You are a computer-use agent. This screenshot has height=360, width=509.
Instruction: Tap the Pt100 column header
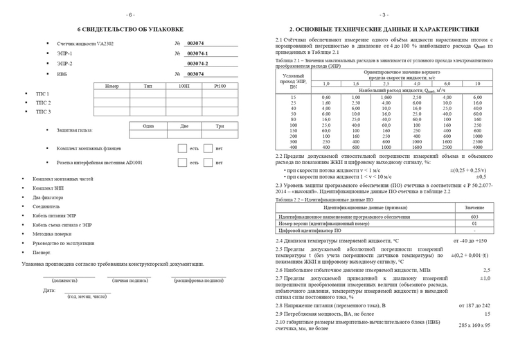point(220,86)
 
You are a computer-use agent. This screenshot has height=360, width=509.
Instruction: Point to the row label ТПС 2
point(43,102)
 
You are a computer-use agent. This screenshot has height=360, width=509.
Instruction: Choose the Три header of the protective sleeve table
point(220,126)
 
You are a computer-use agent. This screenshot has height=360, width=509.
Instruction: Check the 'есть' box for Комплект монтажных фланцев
point(182,148)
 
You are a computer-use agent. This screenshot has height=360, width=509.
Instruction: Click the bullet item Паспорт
point(42,253)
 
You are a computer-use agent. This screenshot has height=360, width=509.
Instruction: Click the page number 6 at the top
point(130,14)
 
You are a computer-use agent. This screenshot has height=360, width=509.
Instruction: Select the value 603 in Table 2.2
point(474,217)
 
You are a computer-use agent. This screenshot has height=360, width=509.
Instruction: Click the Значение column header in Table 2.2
point(474,207)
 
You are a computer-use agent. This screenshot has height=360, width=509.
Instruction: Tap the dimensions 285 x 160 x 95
point(474,325)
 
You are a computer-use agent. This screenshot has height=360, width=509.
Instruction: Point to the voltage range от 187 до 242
point(474,305)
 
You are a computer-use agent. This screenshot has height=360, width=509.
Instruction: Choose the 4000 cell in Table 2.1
point(477,147)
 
